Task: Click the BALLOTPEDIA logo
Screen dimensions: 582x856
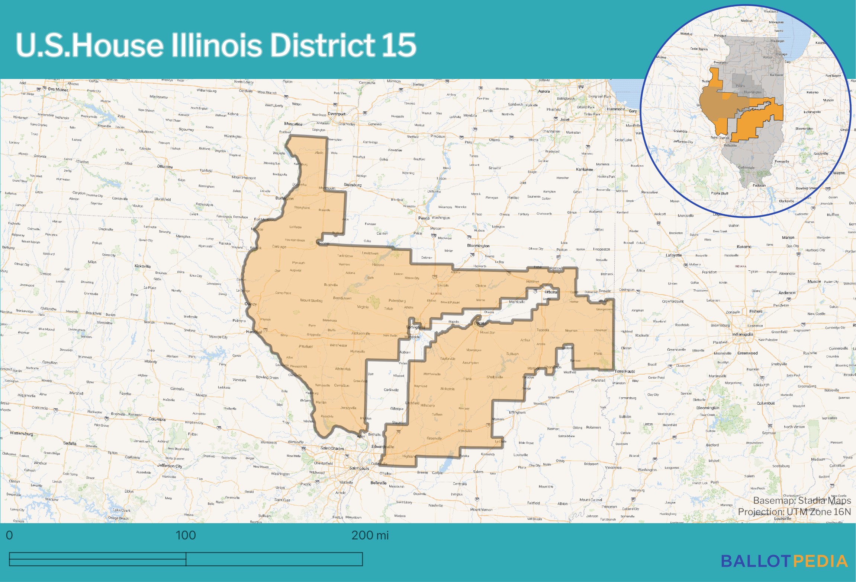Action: pos(784,561)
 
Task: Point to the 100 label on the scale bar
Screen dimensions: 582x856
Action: pos(186,535)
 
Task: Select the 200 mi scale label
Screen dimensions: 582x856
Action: pos(370,535)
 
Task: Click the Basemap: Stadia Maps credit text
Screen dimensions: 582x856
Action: pos(802,500)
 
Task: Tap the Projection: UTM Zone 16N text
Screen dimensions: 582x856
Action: pos(794,512)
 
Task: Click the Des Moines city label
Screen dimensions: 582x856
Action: pos(58,89)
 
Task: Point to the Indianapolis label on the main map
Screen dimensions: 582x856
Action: pos(743,334)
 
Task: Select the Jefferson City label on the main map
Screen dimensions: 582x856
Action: pos(170,465)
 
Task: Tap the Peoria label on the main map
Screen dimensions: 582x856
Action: pos(424,218)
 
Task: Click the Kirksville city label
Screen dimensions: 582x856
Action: pos(142,266)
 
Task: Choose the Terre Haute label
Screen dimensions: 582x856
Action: pos(625,371)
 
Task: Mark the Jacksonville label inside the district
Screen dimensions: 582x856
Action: pos(360,333)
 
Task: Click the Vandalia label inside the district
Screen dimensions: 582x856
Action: pos(465,431)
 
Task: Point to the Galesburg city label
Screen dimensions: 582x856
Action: pos(353,185)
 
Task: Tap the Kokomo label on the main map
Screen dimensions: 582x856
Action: pos(744,247)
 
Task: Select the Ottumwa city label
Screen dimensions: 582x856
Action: pos(165,166)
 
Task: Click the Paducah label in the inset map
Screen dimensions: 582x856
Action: pos(759,185)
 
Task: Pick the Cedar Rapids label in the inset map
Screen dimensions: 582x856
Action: pos(699,49)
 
